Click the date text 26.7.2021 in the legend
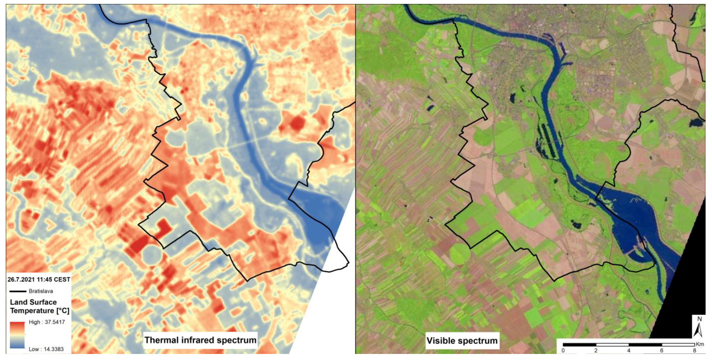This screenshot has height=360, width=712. click(x=22, y=280)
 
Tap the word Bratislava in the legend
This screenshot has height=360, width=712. click(x=41, y=291)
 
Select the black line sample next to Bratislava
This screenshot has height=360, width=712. click(x=17, y=291)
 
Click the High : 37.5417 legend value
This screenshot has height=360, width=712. click(x=47, y=322)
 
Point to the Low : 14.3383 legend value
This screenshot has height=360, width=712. click(x=46, y=349)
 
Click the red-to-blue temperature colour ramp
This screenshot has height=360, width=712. click(x=17, y=335)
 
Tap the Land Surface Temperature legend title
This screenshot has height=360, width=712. click(x=39, y=306)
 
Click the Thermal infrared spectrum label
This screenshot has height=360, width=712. click(x=200, y=340)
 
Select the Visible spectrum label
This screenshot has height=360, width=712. click(x=462, y=340)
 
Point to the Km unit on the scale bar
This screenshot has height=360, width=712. click(x=700, y=344)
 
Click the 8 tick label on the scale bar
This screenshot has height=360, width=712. click(x=695, y=350)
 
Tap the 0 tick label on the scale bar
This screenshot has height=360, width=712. click(x=563, y=350)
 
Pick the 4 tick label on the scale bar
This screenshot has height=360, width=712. click(x=629, y=350)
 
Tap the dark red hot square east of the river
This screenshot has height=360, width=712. click(x=296, y=123)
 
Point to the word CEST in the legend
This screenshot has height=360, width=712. click(x=62, y=280)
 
